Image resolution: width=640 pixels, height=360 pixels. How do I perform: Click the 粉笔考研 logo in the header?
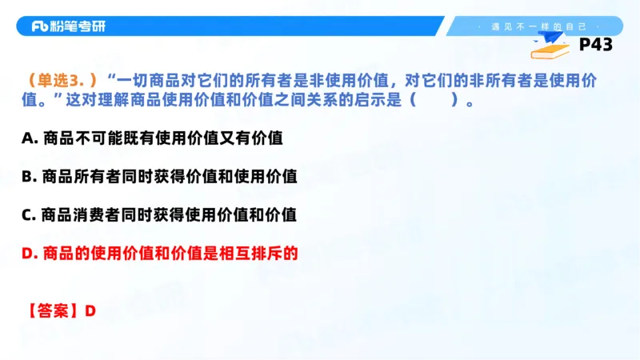[68, 26]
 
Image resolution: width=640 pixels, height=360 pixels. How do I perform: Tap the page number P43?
[595, 46]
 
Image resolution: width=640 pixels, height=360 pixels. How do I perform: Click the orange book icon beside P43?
[552, 49]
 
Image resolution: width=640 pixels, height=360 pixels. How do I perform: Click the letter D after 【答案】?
[90, 311]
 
